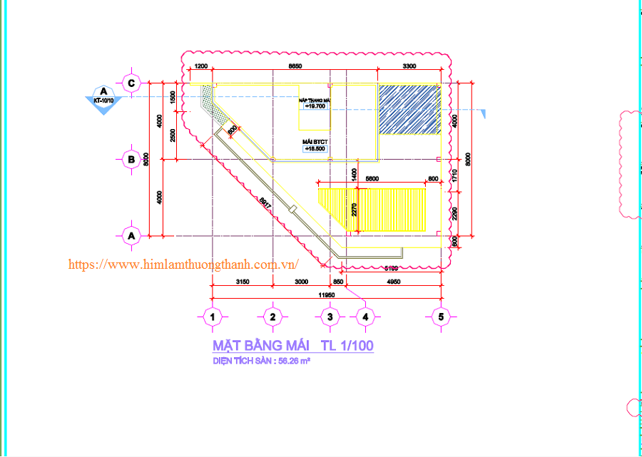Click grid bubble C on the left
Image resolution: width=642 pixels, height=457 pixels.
tap(131, 83)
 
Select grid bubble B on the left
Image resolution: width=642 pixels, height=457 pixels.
tap(131, 160)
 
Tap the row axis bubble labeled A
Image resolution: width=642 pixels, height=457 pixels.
tap(131, 235)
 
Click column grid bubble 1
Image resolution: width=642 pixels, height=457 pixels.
tap(212, 316)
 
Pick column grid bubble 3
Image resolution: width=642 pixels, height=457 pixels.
tap(329, 316)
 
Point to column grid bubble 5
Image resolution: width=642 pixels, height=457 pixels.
tap(441, 316)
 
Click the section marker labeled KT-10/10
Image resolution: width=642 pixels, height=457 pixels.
tap(104, 98)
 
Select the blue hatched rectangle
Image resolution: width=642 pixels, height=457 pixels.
tap(408, 109)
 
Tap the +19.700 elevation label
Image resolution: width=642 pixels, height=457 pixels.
tap(315, 106)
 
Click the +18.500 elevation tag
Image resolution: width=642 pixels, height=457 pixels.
tap(315, 148)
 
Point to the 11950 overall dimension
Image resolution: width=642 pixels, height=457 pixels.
tap(327, 294)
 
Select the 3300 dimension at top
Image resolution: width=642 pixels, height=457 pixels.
tap(409, 66)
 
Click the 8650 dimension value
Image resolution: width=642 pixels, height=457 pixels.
tap(295, 66)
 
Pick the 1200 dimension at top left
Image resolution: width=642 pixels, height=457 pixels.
tap(200, 66)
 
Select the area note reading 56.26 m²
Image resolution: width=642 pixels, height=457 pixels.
tap(261, 361)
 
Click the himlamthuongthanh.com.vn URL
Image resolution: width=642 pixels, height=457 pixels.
tap(183, 265)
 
